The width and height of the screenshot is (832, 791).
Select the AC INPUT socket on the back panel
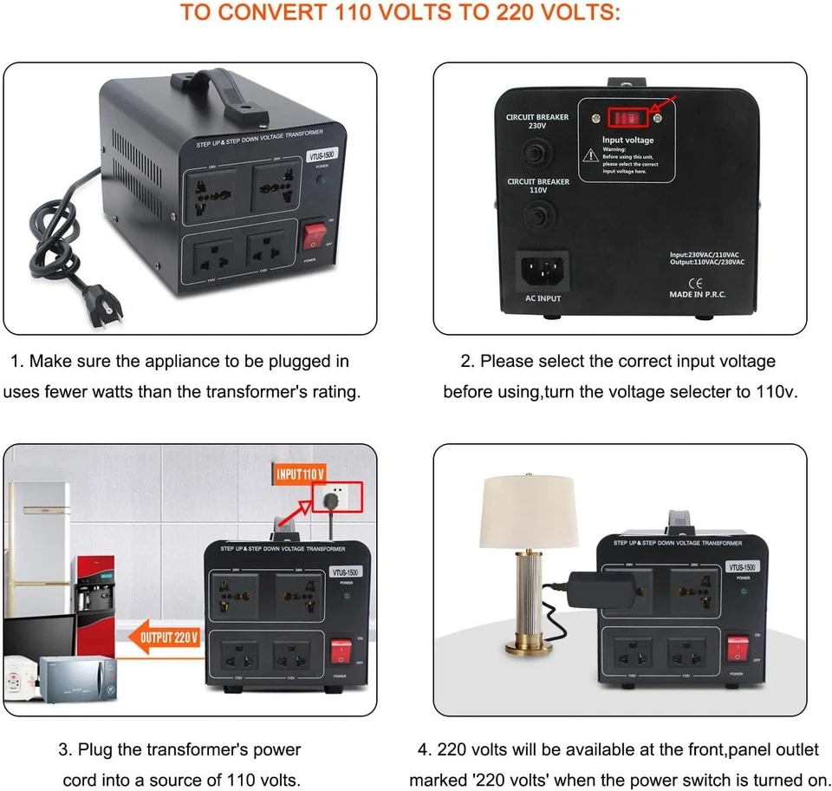click(x=543, y=271)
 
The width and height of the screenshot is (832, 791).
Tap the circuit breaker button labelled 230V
click(x=538, y=153)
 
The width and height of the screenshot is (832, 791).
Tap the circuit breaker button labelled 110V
click(x=538, y=213)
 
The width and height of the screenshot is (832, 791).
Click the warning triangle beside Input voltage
click(x=590, y=154)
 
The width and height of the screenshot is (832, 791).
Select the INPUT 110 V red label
click(x=301, y=474)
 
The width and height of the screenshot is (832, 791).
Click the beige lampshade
click(x=529, y=511)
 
